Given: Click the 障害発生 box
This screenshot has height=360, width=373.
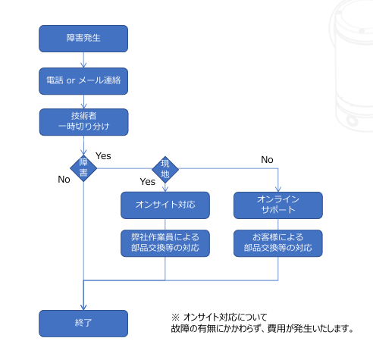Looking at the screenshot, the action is pos(83,39).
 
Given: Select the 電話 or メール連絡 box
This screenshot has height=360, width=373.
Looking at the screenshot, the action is pos(83,81).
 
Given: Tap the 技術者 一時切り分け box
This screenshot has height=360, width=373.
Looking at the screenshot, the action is pos(83,122).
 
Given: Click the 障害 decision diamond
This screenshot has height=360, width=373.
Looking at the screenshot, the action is pos(83,168).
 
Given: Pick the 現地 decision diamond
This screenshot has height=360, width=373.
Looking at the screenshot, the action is pos(165,170).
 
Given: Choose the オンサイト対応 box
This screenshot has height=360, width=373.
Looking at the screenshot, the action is pos(165,205).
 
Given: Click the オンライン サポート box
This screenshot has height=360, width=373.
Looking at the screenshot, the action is pos(278,205).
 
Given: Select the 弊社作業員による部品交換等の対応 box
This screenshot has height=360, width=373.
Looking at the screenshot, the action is pos(165,243).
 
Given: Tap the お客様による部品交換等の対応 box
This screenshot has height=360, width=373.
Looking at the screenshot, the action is pos(278,243).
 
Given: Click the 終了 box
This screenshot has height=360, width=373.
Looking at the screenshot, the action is pos(83,324).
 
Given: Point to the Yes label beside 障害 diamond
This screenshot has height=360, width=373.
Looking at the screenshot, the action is pos(103,156).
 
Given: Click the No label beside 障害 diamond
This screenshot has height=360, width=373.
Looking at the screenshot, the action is pos(64,180).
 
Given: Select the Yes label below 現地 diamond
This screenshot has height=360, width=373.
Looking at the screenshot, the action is pos(148,182).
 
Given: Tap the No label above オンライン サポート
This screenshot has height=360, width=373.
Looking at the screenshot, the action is pos(267,160).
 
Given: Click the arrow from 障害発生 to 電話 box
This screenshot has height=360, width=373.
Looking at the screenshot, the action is pos(83,60).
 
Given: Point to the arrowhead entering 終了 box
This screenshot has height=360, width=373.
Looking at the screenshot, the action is pos(83,308).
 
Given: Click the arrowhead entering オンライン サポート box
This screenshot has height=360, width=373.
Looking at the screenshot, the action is pos(278,189).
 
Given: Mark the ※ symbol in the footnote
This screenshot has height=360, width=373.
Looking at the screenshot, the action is pos(175,317).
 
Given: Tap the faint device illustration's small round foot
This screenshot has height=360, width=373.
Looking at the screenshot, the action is pos(352,121).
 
